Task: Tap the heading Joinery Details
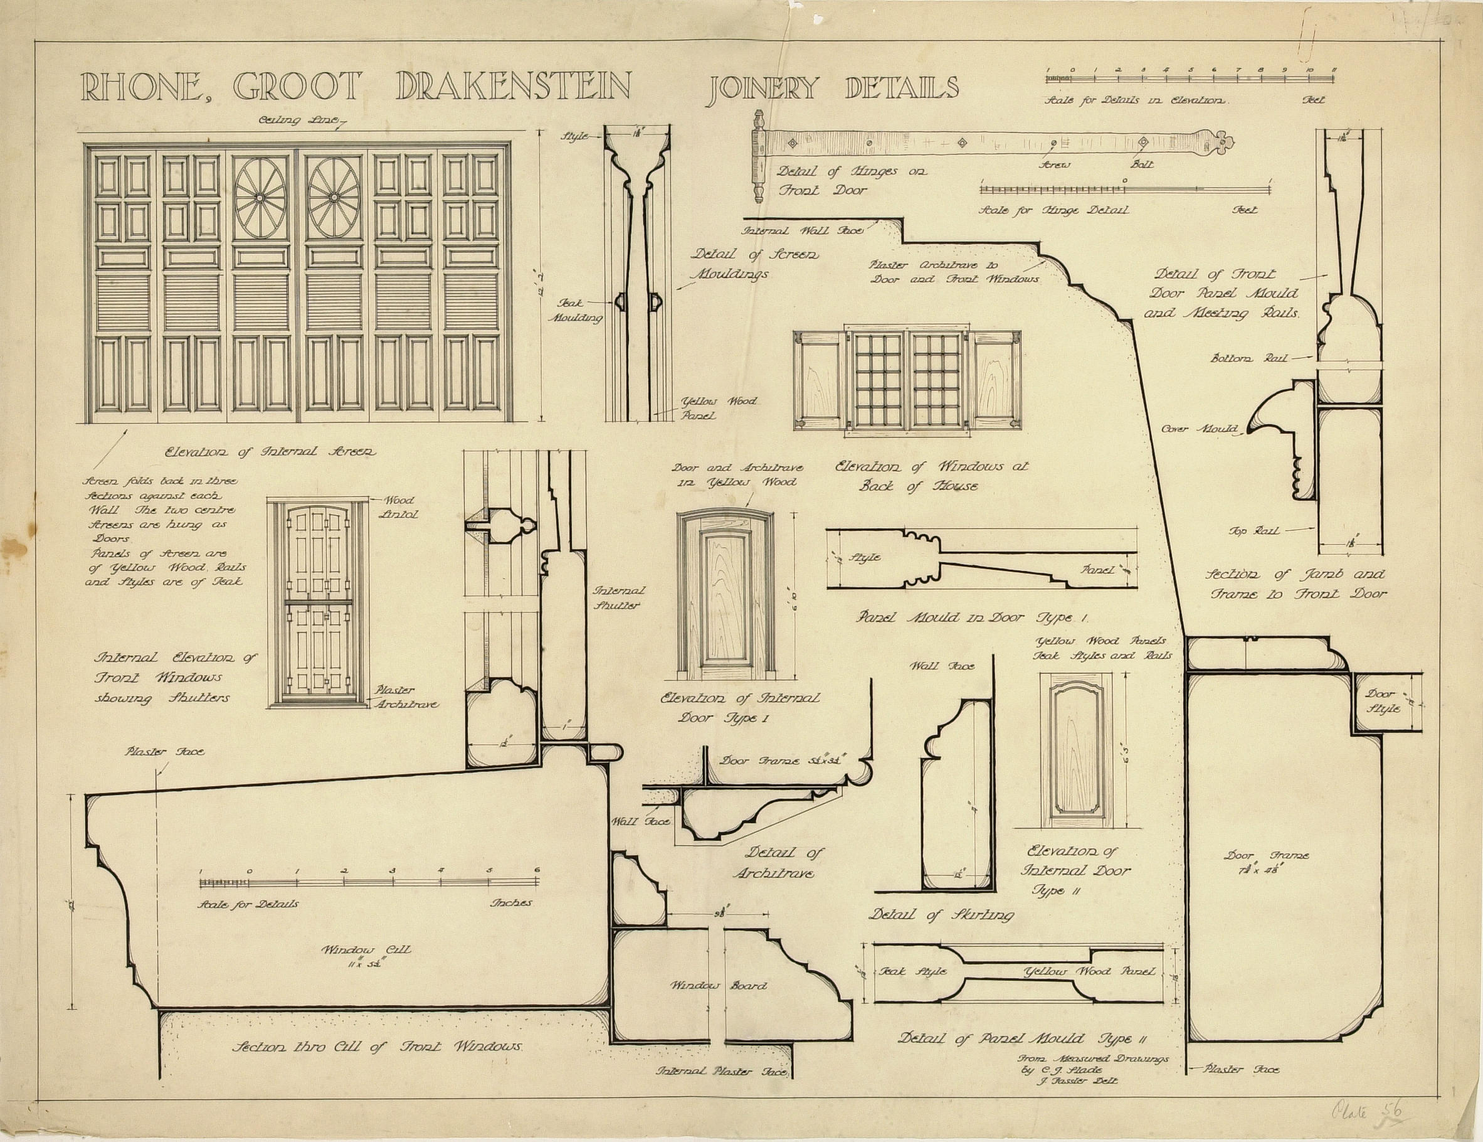(834, 88)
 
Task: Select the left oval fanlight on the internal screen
(259, 198)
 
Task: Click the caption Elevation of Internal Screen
(270, 452)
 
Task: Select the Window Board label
(719, 985)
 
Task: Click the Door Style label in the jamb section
(1381, 701)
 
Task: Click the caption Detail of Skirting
(941, 915)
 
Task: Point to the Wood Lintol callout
(399, 507)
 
